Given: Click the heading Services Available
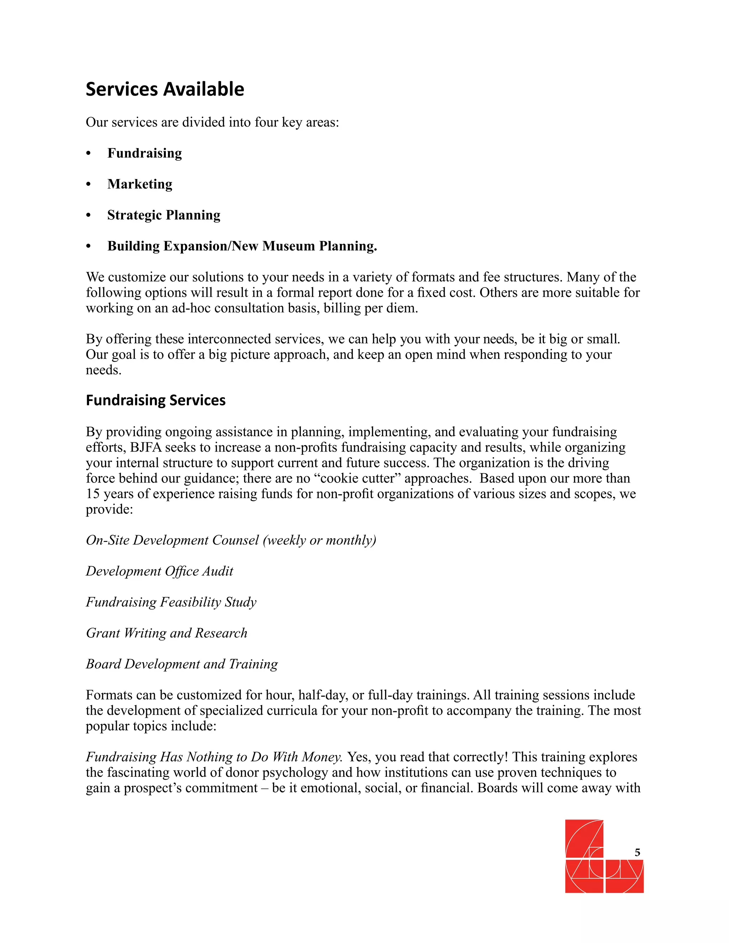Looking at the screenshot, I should click(x=164, y=89).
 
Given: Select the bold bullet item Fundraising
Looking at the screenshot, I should click(x=144, y=153).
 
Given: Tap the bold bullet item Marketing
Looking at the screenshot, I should click(x=140, y=184).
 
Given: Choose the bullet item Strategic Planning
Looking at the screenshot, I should click(x=164, y=215).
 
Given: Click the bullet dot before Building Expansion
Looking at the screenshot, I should click(x=89, y=247).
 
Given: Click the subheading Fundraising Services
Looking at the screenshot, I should click(x=156, y=400).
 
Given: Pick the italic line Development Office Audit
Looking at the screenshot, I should click(x=159, y=571).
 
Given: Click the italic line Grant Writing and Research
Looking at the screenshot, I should click(x=166, y=633).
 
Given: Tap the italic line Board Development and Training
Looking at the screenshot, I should click(x=182, y=664).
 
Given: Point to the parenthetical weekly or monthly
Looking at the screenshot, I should click(x=320, y=541).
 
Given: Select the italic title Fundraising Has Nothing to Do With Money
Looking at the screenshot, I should click(x=214, y=757).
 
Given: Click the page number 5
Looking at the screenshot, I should click(x=637, y=852).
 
